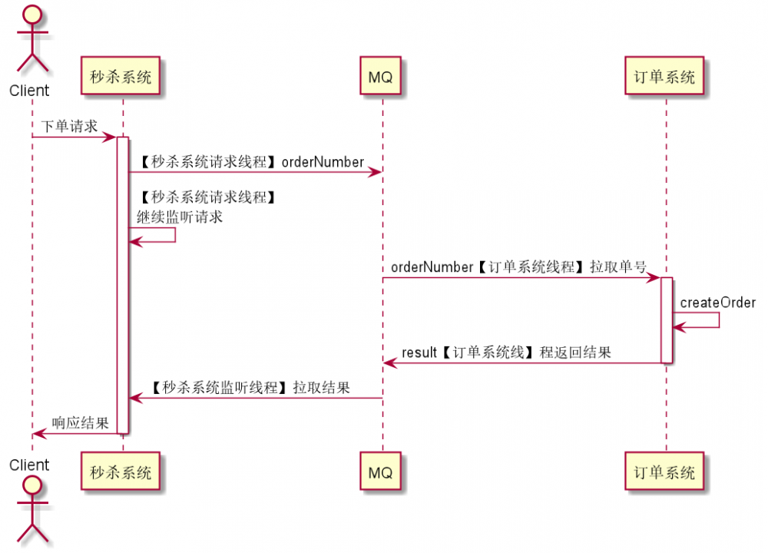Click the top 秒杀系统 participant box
click(121, 77)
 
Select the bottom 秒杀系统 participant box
click(121, 472)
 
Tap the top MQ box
click(381, 77)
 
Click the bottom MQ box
click(381, 472)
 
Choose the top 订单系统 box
click(664, 77)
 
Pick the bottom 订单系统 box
click(664, 472)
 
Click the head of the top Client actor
click(31, 15)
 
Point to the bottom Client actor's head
click(31, 485)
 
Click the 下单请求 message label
click(69, 126)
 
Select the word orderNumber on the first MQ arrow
click(323, 161)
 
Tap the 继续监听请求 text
click(180, 217)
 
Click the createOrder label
click(717, 303)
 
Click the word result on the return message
click(419, 353)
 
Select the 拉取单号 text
click(618, 267)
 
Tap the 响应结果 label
click(80, 423)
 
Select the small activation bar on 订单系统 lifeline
click(667, 320)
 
